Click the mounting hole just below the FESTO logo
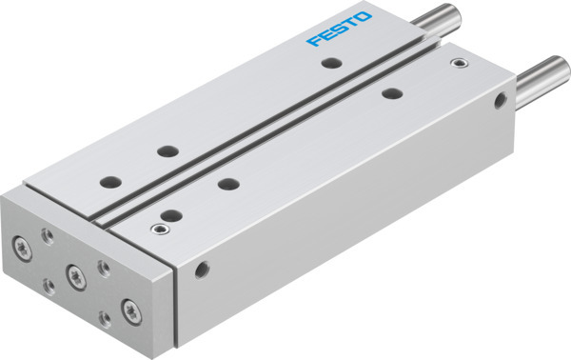point(330,64)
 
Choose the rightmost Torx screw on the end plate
point(128,307)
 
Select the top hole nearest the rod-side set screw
point(390,93)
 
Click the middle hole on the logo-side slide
point(167,151)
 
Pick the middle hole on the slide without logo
point(226,182)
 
